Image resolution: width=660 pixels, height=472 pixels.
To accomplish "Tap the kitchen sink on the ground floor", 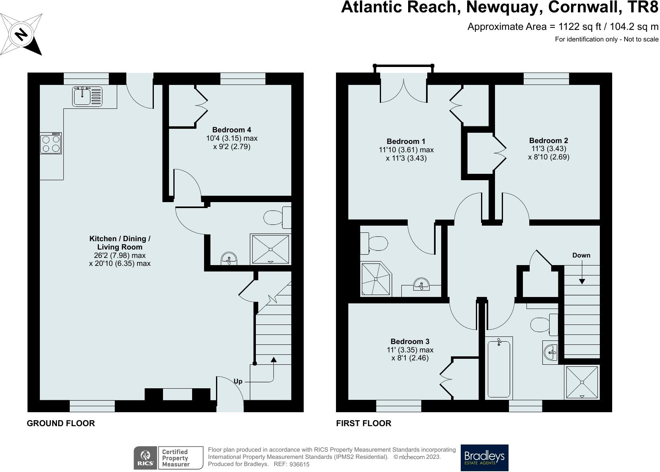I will tap(87, 96).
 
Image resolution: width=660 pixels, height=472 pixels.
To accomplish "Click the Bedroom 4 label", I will tap(232, 130).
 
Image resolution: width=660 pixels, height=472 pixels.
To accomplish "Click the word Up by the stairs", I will tap(238, 382).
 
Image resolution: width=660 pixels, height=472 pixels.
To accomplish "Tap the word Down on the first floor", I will tap(581, 256).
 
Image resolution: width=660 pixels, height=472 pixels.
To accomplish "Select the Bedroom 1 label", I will tap(406, 142).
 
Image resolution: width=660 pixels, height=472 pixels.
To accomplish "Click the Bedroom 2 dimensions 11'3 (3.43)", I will tap(549, 149).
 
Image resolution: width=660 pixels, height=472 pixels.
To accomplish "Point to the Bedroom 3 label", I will tap(410, 342).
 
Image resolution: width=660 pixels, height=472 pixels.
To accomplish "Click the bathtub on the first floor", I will tap(499, 367).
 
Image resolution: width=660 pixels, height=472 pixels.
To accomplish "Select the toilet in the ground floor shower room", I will tap(277, 218).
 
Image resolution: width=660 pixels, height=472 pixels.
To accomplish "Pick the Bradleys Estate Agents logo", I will tap(484, 458).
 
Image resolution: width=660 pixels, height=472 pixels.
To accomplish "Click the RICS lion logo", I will tap(145, 458).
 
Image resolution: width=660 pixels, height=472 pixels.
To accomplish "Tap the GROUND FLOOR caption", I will tap(61, 423).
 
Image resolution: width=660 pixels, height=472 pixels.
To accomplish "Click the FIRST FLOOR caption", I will tap(363, 423).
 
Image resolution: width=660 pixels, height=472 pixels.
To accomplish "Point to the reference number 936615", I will tap(299, 464).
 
